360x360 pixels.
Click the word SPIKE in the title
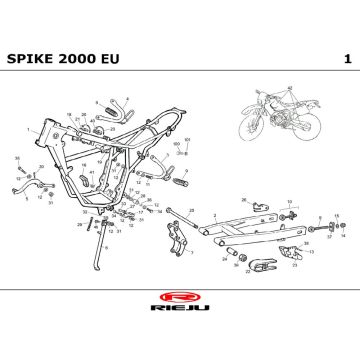click(x=33, y=58)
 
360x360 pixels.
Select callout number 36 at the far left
click(x=17, y=159)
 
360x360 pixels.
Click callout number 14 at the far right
click(x=342, y=238)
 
